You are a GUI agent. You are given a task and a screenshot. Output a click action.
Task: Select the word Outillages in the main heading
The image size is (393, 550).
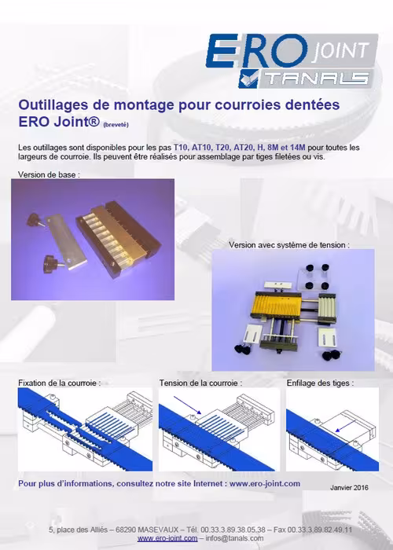(55, 105)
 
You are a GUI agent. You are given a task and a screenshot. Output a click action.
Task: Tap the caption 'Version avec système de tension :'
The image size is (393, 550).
(288, 245)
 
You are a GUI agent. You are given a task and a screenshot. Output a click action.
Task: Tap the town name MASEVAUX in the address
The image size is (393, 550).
(159, 530)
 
